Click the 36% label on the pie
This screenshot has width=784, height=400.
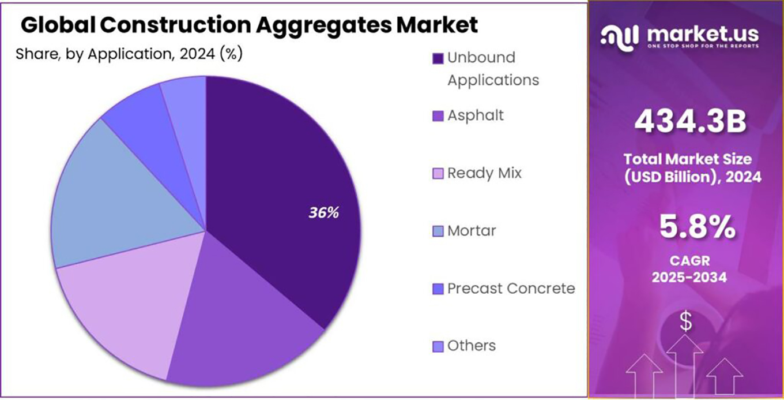(x=323, y=212)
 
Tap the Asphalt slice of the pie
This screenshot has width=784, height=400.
(x=242, y=323)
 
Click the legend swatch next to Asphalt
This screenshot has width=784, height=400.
(x=438, y=116)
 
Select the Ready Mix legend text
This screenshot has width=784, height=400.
(x=484, y=173)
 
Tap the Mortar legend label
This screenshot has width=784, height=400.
(x=472, y=231)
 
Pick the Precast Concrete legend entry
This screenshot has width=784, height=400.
(x=511, y=288)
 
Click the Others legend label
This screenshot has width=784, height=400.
(x=472, y=346)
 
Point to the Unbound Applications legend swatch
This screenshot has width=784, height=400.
(x=438, y=58)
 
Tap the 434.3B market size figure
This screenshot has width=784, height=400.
(x=690, y=122)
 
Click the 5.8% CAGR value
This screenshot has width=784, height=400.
(x=697, y=228)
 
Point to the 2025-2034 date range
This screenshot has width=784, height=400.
(x=689, y=278)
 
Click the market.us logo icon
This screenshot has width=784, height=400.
(x=619, y=36)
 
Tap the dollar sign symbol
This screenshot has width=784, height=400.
(x=685, y=322)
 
